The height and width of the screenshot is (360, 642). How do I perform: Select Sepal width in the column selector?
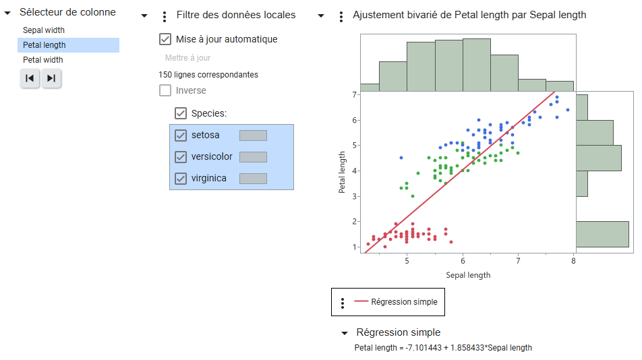coord(44,30)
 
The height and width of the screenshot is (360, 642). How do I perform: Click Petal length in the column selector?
coord(45,45)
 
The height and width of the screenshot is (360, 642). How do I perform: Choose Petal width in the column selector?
coord(43,60)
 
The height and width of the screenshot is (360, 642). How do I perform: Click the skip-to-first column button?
coord(30,78)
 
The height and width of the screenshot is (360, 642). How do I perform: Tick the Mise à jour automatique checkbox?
coord(165,39)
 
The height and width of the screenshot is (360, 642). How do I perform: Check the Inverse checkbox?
coord(165,90)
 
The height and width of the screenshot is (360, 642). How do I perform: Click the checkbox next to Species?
coord(181,113)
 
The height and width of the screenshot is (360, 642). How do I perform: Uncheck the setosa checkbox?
coord(181,136)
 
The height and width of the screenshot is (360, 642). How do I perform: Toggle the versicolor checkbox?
coord(181,157)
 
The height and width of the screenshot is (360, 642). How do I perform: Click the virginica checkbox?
coord(181,179)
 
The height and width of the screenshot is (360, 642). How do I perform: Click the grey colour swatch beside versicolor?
coord(253,157)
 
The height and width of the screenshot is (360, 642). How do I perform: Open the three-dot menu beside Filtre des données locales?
coord(165,16)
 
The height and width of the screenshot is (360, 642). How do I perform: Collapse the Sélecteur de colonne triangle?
coord(7,13)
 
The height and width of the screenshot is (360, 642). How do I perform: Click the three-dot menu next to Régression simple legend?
coord(343,303)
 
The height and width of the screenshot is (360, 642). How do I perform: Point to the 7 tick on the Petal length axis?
coord(354,95)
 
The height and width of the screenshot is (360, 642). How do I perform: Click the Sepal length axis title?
coord(468,275)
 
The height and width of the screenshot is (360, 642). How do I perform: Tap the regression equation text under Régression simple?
coord(443,348)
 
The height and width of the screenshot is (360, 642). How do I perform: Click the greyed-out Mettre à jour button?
coord(188,58)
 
